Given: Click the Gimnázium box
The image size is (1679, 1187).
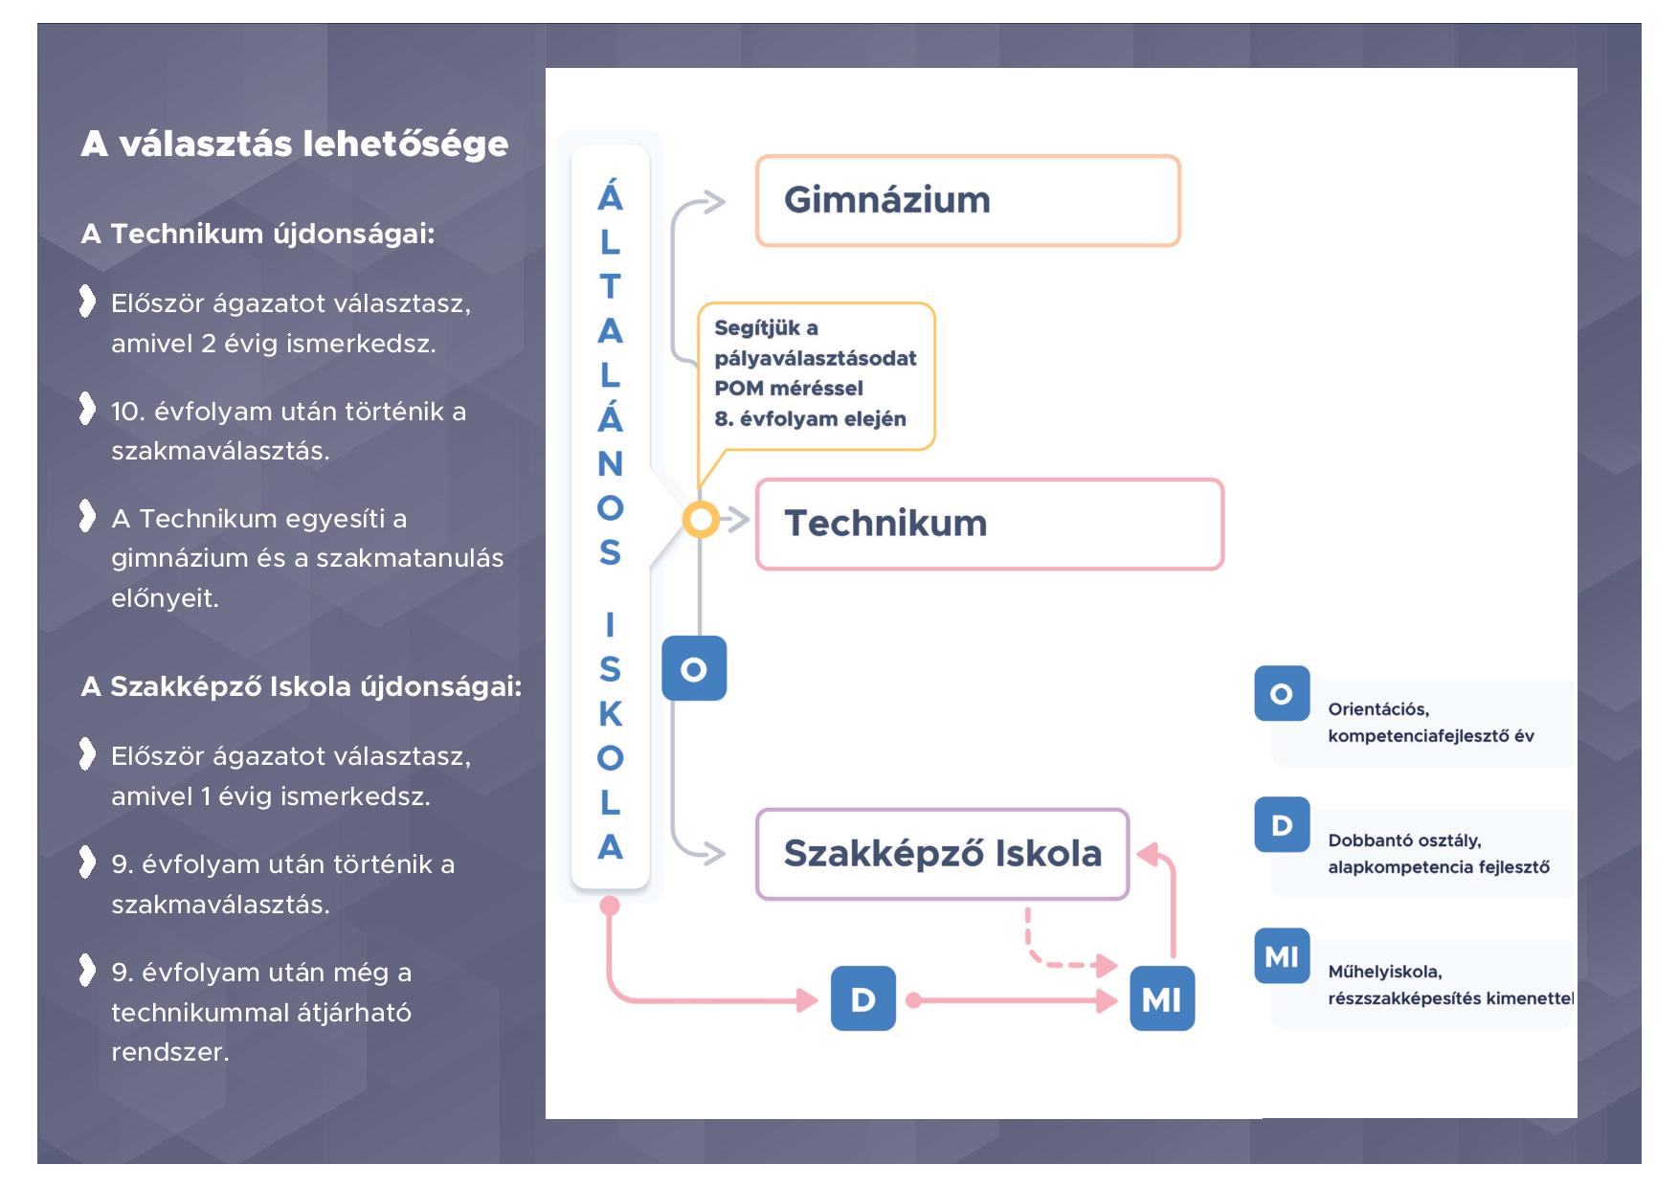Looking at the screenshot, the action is point(968,201).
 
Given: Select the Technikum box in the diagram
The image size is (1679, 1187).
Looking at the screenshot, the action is point(990,525).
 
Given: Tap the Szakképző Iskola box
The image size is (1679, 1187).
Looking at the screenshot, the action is point(942,854).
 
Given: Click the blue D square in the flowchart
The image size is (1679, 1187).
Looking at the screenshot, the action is point(862,998).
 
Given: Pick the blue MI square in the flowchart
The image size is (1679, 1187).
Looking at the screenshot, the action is point(1162,998).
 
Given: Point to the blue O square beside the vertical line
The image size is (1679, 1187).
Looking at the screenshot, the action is point(694,668).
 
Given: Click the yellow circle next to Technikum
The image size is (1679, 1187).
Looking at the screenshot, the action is point(701,520).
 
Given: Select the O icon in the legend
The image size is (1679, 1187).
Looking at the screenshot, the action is point(1282,693).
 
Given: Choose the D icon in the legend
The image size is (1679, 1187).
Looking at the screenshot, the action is point(1282,824).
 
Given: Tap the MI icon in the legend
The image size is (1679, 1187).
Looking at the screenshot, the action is point(1282,955).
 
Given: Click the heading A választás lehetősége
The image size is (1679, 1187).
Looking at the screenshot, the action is point(295,145).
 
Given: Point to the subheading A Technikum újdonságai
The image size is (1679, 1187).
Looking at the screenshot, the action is point(258,234).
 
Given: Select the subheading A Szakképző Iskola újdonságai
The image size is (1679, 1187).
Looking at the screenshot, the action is point(302,686).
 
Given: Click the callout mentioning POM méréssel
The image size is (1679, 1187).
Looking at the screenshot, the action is point(816,375).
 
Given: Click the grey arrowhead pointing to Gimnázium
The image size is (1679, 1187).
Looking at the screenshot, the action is point(714,202).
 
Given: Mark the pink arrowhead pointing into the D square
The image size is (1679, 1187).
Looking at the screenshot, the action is point(808,1000).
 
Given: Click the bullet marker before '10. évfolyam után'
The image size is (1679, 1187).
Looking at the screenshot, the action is point(87,409).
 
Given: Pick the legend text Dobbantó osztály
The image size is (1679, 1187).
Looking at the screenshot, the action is point(1404,840).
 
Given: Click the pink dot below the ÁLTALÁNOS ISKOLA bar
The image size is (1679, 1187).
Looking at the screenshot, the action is point(610,906).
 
